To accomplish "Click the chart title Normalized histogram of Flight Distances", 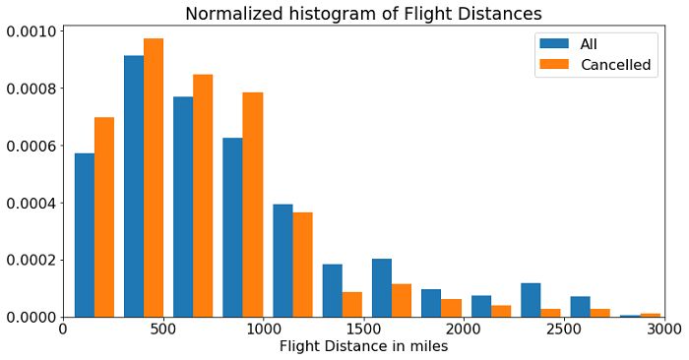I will tap(363, 13).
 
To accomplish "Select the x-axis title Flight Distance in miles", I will tap(364, 346).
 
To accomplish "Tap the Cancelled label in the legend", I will tap(615, 65).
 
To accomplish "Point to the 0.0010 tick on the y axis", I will tap(31, 31).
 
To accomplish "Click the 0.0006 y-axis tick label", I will tap(31, 146).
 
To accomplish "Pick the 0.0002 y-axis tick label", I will tap(31, 261).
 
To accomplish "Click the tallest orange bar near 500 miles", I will tap(154, 177).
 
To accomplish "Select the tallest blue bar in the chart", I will tap(134, 187).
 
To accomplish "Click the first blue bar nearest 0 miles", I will tap(84, 236).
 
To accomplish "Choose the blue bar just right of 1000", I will tap(282, 261).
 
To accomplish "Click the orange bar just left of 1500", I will tap(351, 305).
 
